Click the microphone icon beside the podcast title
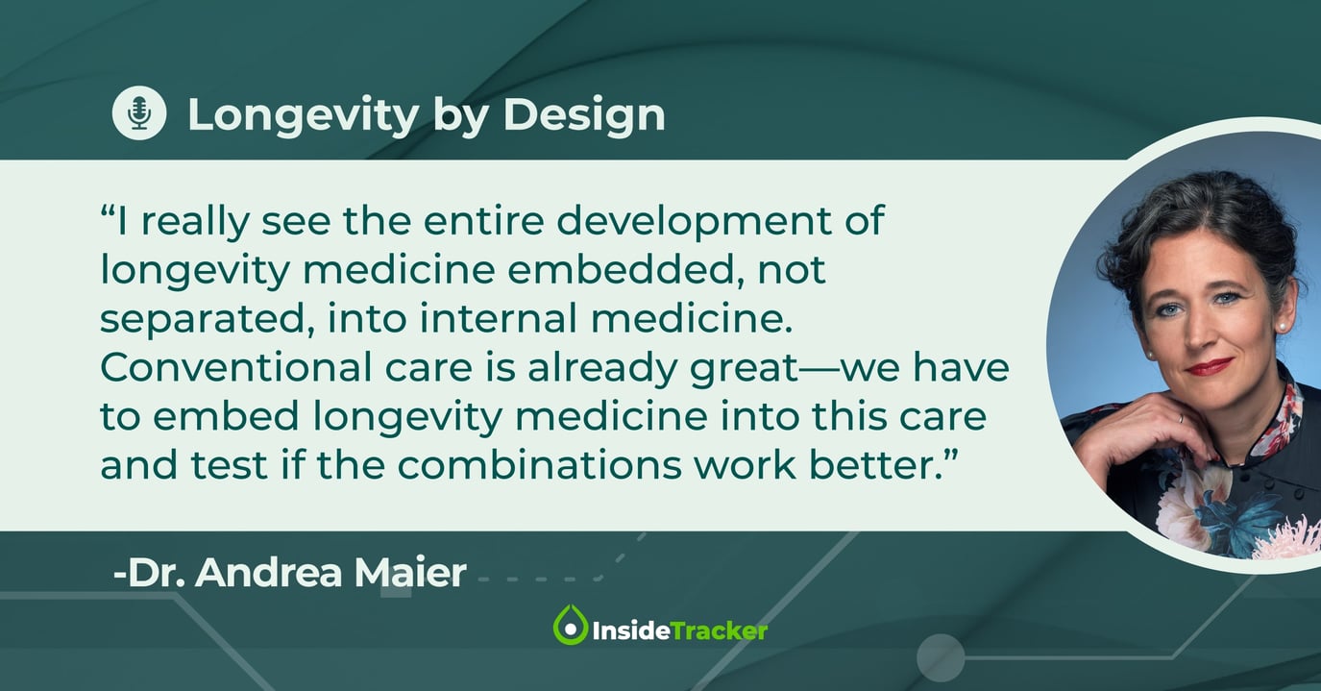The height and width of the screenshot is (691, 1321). coord(139,113)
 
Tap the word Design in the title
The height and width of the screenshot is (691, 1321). coord(584,115)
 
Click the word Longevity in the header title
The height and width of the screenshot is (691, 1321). coord(303,115)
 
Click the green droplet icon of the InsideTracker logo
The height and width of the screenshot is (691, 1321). coord(570,626)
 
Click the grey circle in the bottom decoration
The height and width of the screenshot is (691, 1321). coord(940,658)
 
